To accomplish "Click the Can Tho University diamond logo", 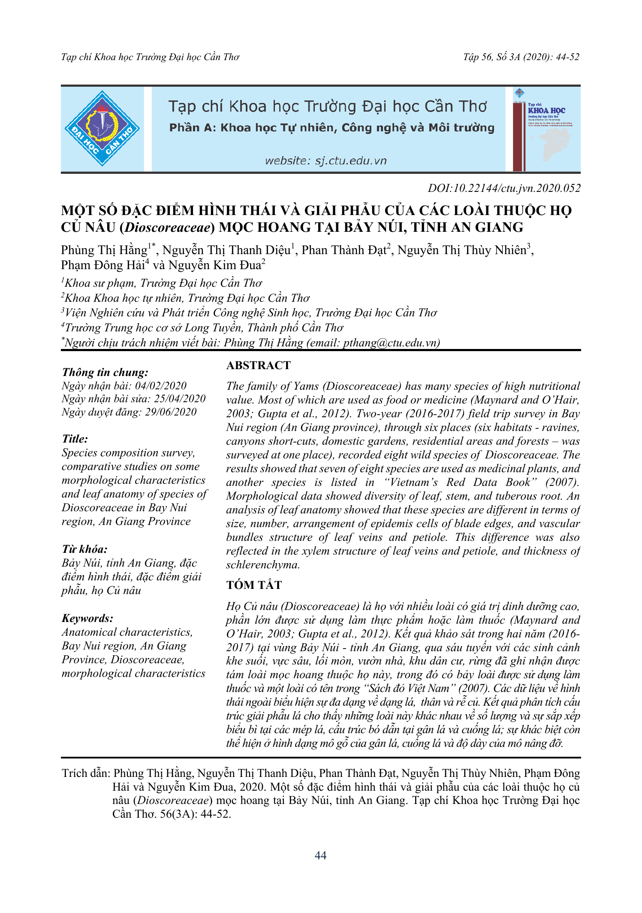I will (x=102, y=128).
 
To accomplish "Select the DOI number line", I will (x=504, y=188).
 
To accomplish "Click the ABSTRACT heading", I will (x=258, y=365).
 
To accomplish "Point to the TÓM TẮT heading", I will (x=254, y=585).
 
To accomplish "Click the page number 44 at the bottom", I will (x=320, y=855).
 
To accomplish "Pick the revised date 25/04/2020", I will (x=180, y=399).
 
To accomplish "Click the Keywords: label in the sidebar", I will (x=87, y=618).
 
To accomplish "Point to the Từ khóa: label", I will (x=84, y=549).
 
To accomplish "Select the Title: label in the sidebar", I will (x=75, y=439).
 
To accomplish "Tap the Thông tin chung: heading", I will (x=105, y=372).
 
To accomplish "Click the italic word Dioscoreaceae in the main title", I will (x=167, y=227).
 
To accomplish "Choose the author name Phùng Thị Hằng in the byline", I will (x=104, y=250).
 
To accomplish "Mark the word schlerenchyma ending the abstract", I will (x=262, y=565).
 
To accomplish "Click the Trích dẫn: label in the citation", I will (x=86, y=773).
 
